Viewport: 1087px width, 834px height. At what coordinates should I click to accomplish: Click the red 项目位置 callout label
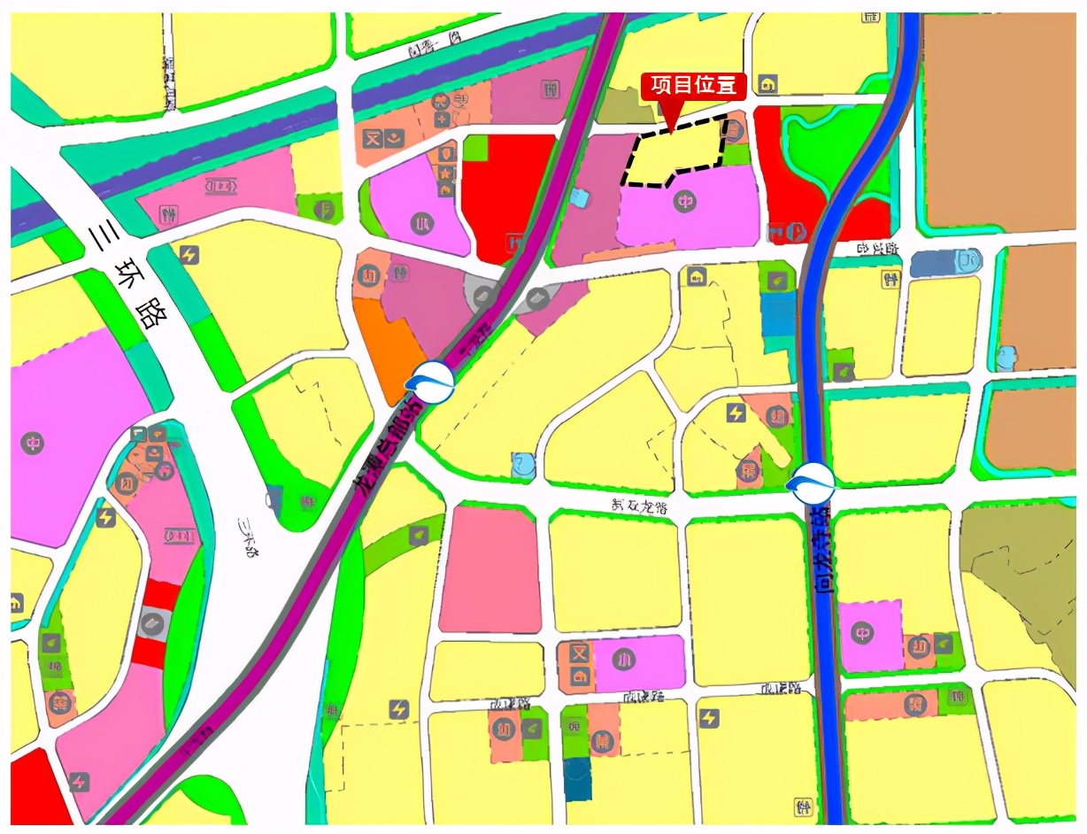[x=693, y=85]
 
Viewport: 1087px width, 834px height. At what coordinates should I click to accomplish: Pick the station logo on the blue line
[x=811, y=483]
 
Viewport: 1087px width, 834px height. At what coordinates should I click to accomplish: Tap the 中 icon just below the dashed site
[x=683, y=203]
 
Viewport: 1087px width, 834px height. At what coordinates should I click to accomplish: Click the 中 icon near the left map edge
[x=34, y=443]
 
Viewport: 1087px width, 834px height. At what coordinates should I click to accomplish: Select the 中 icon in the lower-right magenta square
[x=862, y=632]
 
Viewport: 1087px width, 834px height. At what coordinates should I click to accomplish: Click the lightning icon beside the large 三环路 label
[x=188, y=255]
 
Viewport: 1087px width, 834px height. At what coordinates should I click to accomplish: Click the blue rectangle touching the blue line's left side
[x=778, y=314]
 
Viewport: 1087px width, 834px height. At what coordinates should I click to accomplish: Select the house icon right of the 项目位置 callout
[x=767, y=84]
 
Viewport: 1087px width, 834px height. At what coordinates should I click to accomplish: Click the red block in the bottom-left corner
[x=35, y=788]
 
